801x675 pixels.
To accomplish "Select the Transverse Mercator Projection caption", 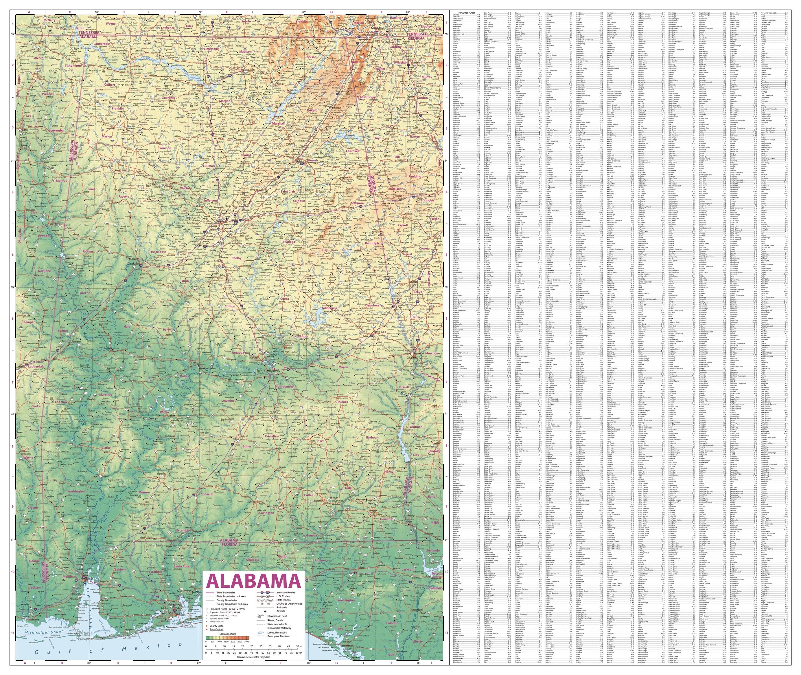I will pyautogui.click(x=253, y=657).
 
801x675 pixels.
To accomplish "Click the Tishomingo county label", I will pyautogui.click(x=73, y=65).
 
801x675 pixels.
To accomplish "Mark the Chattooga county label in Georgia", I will pyautogui.click(x=368, y=97).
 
